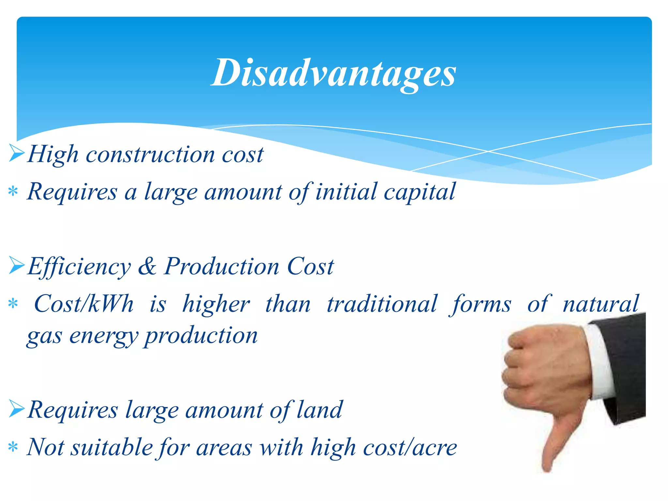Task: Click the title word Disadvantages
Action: pyautogui.click(x=333, y=73)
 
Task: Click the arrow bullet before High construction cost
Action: pyautogui.click(x=17, y=154)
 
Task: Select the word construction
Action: pyautogui.click(x=150, y=155)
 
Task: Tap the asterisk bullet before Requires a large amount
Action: pyautogui.click(x=13, y=191)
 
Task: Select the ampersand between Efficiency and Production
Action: pyautogui.click(x=147, y=266)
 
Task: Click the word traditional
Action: pyautogui.click(x=382, y=304)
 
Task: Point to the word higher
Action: pyautogui.click(x=216, y=304)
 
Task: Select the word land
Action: pyautogui.click(x=319, y=410)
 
